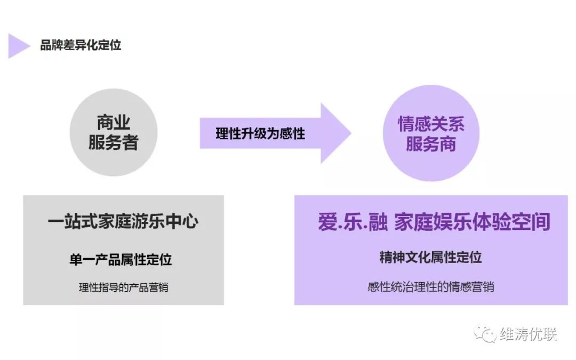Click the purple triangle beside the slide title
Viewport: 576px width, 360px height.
click(x=18, y=46)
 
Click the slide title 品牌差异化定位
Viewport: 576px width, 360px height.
click(x=81, y=45)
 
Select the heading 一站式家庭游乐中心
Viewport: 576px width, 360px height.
click(x=123, y=221)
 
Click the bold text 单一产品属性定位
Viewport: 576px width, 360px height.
click(x=121, y=260)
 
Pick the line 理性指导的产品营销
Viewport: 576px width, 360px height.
click(x=124, y=287)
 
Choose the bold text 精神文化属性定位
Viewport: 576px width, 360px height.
click(x=430, y=258)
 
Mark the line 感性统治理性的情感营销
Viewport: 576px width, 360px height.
click(x=430, y=286)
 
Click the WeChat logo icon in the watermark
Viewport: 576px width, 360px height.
click(x=486, y=334)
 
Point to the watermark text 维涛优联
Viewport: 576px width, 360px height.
click(x=528, y=334)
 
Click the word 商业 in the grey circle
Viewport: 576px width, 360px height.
click(x=114, y=123)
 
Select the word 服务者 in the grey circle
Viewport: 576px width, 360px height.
click(x=114, y=142)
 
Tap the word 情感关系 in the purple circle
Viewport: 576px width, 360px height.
click(x=431, y=124)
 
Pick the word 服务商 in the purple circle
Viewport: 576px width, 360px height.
click(x=431, y=143)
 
